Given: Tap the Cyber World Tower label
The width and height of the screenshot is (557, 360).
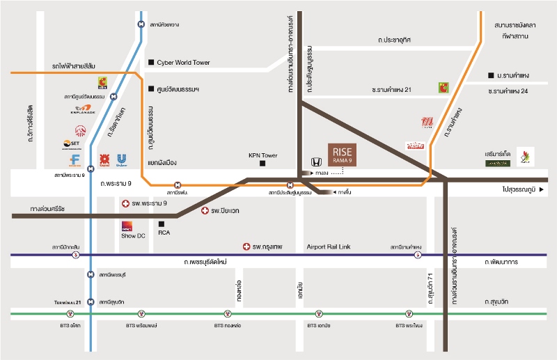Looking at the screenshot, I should pyautogui.click(x=183, y=63).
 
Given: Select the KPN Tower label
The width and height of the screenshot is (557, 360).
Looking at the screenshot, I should pyautogui.click(x=263, y=155).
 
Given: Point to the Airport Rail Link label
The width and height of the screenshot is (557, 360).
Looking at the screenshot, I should pyautogui.click(x=329, y=246).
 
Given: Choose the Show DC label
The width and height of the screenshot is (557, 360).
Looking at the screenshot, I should pyautogui.click(x=133, y=236).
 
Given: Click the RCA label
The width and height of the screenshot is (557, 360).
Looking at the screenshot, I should pyautogui.click(x=164, y=233).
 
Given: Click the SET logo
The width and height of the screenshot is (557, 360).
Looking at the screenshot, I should pyautogui.click(x=72, y=145).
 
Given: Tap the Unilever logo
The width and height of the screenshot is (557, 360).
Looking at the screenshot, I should pyautogui.click(x=123, y=160).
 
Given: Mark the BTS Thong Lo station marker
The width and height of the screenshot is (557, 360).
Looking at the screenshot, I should pyautogui.click(x=228, y=314).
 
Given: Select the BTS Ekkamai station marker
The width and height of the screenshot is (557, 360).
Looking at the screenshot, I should pyautogui.click(x=319, y=314).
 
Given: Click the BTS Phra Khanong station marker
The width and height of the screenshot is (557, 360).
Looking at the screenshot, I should pyautogui.click(x=409, y=314).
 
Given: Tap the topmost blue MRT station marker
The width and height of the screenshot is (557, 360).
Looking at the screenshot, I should pyautogui.click(x=142, y=24).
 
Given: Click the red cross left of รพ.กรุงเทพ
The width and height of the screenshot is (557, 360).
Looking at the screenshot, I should pyautogui.click(x=246, y=246).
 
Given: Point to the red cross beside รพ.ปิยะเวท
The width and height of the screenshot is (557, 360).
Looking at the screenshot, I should pyautogui.click(x=205, y=210).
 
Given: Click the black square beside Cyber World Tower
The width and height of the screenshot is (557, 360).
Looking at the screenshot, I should pyautogui.click(x=151, y=63).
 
